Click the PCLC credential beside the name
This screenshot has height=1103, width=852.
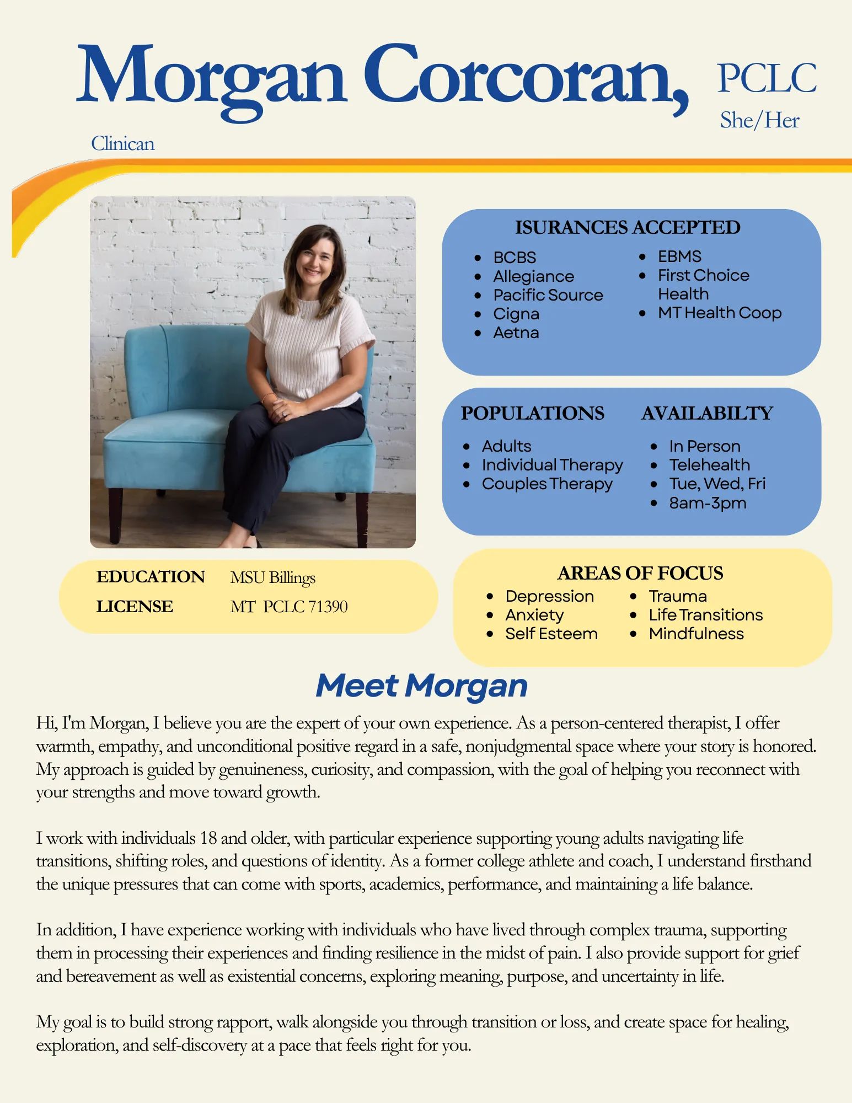(x=767, y=78)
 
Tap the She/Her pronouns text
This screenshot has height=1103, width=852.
(x=759, y=120)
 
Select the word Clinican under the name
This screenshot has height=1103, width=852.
(x=122, y=144)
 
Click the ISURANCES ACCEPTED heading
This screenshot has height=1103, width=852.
(x=628, y=227)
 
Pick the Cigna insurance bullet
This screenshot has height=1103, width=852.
(x=516, y=314)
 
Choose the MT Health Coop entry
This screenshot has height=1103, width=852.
(x=719, y=313)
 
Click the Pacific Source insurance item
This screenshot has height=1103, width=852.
(x=548, y=295)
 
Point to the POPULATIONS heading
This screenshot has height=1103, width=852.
(x=532, y=413)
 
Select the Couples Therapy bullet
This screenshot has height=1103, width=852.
(x=547, y=484)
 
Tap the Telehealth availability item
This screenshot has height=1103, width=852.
(x=709, y=465)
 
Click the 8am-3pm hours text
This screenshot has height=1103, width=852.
(x=708, y=503)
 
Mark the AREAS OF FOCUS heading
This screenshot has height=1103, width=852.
(x=640, y=573)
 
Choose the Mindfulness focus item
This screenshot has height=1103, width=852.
(x=696, y=634)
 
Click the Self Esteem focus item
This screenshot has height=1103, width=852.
(x=551, y=634)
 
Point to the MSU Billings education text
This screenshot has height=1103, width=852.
(x=272, y=577)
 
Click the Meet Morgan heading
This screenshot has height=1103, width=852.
(x=421, y=686)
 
